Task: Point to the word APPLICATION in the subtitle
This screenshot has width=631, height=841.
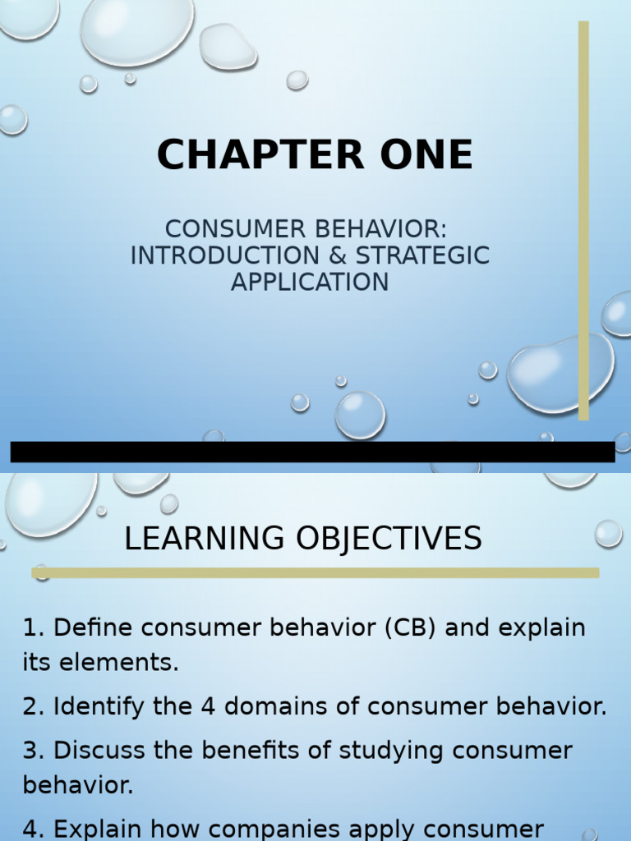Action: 310,282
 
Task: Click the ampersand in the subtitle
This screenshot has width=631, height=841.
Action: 337,255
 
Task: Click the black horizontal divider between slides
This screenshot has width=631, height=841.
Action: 312,452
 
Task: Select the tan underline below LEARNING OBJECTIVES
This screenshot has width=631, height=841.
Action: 315,572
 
